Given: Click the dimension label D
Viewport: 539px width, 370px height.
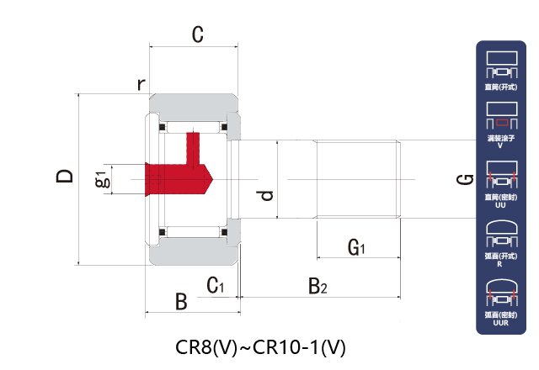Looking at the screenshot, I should (x=65, y=177).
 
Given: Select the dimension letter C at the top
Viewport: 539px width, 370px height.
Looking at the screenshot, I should (x=197, y=34).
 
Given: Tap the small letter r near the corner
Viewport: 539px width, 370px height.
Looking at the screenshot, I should (x=141, y=84).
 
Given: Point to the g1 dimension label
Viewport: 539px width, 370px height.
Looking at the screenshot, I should (x=101, y=179).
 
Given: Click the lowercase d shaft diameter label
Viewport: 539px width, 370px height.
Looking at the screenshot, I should (x=266, y=195).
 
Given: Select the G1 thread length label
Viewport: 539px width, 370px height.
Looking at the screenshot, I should (x=356, y=247).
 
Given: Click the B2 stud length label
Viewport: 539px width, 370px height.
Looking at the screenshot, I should (x=317, y=287).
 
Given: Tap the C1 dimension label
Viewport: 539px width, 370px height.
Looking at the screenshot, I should (x=216, y=285).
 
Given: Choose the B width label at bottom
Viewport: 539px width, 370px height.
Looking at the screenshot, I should (x=180, y=302).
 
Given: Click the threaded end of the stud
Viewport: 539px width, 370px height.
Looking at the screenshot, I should (x=357, y=180).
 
